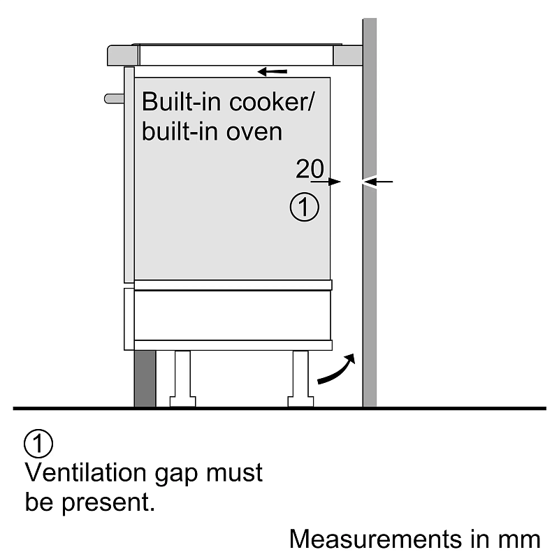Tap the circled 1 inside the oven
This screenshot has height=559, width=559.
(x=304, y=208)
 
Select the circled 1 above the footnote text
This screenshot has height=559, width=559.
(x=38, y=444)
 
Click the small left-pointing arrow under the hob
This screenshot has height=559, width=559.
(x=272, y=71)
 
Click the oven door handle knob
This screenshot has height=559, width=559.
(x=113, y=98)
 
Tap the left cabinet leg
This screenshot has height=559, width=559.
(x=182, y=378)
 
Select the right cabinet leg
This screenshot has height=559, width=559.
(x=300, y=378)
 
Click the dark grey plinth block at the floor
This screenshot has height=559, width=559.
(x=145, y=377)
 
